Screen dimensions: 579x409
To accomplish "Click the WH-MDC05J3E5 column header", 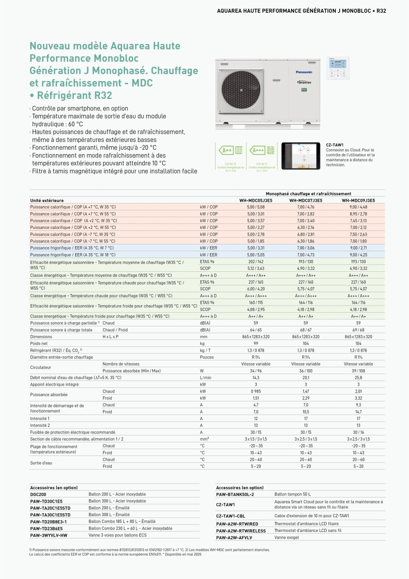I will (x=256, y=200).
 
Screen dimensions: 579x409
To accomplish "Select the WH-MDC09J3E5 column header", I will (x=358, y=200).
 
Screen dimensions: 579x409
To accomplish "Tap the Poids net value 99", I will (x=256, y=344).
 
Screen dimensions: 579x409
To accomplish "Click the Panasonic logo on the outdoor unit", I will (x=304, y=72).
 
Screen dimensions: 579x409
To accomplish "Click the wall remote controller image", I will (x=338, y=68).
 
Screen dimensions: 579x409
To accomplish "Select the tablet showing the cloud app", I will (x=300, y=156).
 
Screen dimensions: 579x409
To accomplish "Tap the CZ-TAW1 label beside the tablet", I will (x=335, y=145).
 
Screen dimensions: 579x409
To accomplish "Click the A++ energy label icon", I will (x=231, y=150).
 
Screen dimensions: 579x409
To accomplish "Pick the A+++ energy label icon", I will (x=262, y=150).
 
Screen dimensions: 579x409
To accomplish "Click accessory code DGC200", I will (x=38, y=494).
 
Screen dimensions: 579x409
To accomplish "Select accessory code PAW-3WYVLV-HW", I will (x=49, y=535).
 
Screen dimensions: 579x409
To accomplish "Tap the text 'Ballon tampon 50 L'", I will (x=292, y=494).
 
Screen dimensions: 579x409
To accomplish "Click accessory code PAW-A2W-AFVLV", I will (x=234, y=538).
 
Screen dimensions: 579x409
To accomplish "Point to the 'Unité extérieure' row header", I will (x=47, y=200).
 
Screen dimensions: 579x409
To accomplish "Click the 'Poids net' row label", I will (x=39, y=344).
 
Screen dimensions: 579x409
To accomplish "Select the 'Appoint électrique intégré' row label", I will (x=54, y=384).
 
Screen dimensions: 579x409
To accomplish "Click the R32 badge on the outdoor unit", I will (x=304, y=90).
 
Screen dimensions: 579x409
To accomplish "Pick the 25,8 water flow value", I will (x=358, y=378).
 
